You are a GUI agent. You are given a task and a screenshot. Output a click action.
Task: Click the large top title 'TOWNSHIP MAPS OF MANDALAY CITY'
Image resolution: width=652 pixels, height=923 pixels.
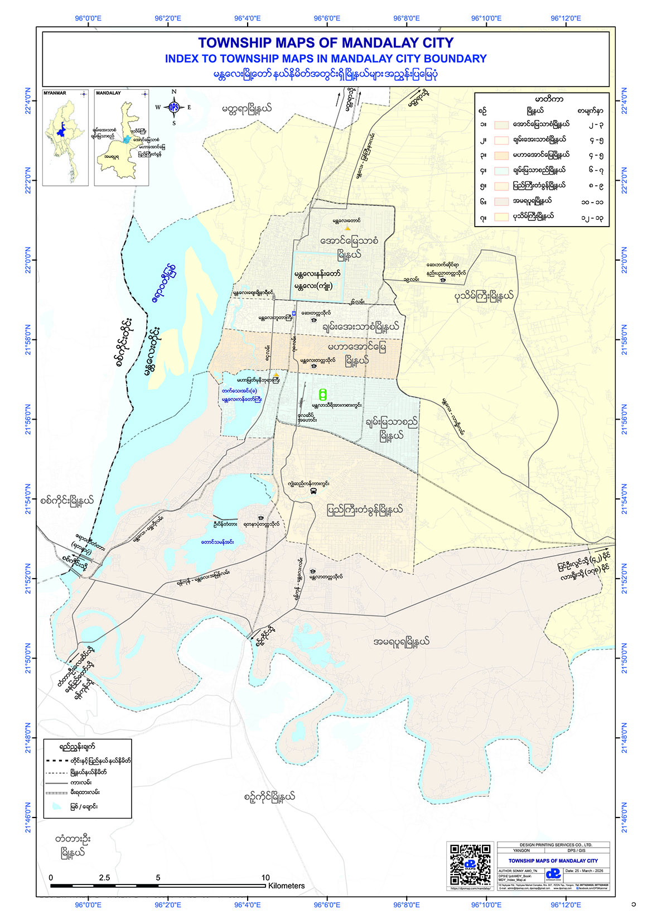(326, 43)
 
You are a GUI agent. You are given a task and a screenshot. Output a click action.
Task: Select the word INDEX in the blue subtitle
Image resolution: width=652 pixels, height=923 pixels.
(181, 59)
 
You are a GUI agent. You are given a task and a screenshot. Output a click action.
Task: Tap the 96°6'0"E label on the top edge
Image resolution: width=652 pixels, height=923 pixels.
(327, 18)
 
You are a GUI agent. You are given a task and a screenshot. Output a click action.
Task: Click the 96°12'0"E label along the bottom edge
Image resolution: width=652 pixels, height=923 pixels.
(566, 905)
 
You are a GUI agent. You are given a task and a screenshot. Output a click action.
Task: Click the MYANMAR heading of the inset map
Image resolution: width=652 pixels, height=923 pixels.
(55, 93)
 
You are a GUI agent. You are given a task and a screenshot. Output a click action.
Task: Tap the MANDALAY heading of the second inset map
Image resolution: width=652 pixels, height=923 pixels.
(108, 93)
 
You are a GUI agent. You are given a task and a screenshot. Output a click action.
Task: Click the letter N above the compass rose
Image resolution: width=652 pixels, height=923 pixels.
(173, 92)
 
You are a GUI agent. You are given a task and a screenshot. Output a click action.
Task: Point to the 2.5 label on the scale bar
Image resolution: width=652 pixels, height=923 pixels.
(104, 878)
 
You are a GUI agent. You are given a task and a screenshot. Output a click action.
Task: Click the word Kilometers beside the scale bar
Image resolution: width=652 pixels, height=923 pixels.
(286, 886)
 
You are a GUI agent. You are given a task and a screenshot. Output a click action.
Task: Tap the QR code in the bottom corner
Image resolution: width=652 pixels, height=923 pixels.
(470, 864)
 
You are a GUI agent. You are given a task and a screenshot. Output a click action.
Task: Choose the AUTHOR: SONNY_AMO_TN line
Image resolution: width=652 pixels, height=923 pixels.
(518, 871)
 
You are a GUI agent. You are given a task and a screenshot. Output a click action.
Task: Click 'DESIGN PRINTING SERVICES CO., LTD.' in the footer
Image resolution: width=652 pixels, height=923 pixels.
(553, 845)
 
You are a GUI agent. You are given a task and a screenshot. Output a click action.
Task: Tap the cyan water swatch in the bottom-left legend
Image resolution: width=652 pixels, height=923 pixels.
(56, 806)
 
